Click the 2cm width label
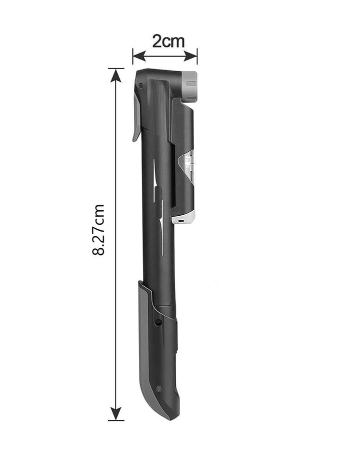click(x=168, y=41)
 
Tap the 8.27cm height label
click(x=98, y=230)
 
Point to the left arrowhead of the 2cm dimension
click(x=139, y=56)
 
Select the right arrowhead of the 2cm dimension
click(x=190, y=56)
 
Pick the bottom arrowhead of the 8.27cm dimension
click(x=115, y=413)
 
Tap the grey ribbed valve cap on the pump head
click(x=190, y=87)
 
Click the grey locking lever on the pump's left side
click(x=136, y=119)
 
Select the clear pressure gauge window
click(x=186, y=168)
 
